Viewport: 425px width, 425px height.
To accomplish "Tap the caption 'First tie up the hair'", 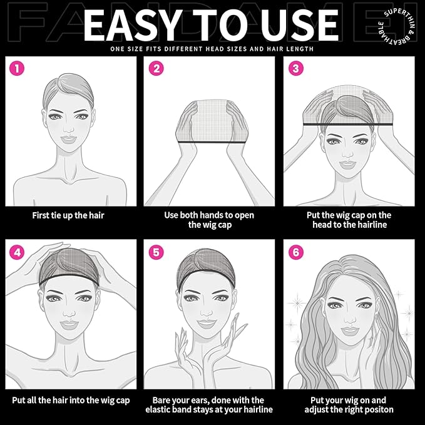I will (x=68, y=215).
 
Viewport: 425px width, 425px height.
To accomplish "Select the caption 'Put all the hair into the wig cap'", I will (x=70, y=400).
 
